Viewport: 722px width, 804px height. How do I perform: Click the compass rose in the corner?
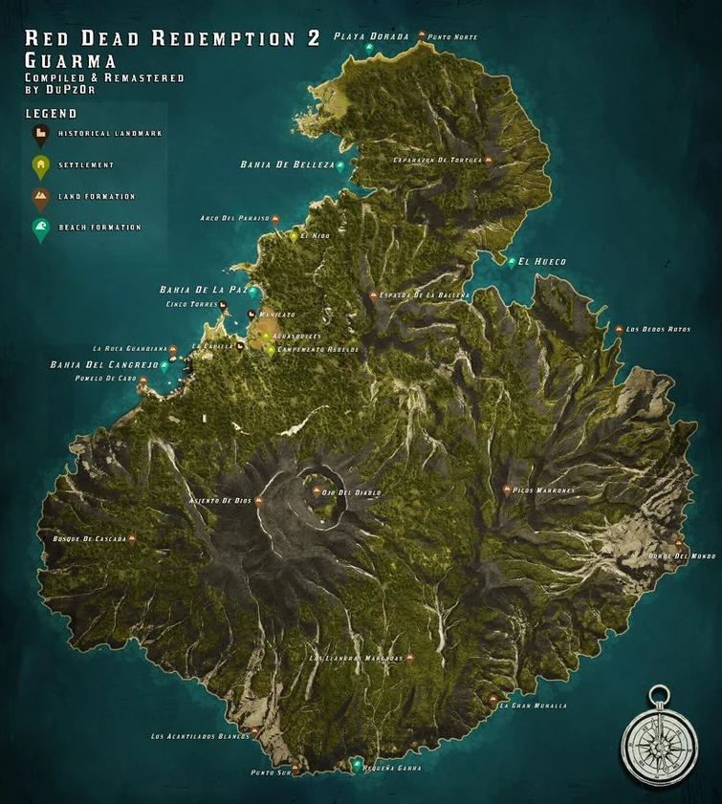pyautogui.click(x=659, y=737)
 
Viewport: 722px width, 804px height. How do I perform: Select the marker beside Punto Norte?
pyautogui.click(x=420, y=36)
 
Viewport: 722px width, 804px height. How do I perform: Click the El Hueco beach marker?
pyautogui.click(x=513, y=261)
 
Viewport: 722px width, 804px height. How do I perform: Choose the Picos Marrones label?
pyautogui.click(x=546, y=490)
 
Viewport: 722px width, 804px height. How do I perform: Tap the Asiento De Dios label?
pyautogui.click(x=222, y=501)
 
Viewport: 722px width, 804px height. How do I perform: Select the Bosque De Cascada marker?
pyautogui.click(x=132, y=539)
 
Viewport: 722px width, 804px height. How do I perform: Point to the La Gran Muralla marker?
pyautogui.click(x=493, y=704)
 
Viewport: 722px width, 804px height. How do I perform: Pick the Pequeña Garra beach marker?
pyautogui.click(x=357, y=765)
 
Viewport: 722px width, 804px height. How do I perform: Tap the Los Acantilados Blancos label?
pyautogui.click(x=200, y=736)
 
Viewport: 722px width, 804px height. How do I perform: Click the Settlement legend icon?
pyautogui.click(x=41, y=166)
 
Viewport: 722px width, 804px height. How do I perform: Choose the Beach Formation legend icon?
pyautogui.click(x=41, y=228)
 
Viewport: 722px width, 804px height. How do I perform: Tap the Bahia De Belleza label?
pyautogui.click(x=287, y=164)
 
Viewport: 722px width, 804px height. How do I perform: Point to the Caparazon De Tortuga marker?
pyautogui.click(x=489, y=161)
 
